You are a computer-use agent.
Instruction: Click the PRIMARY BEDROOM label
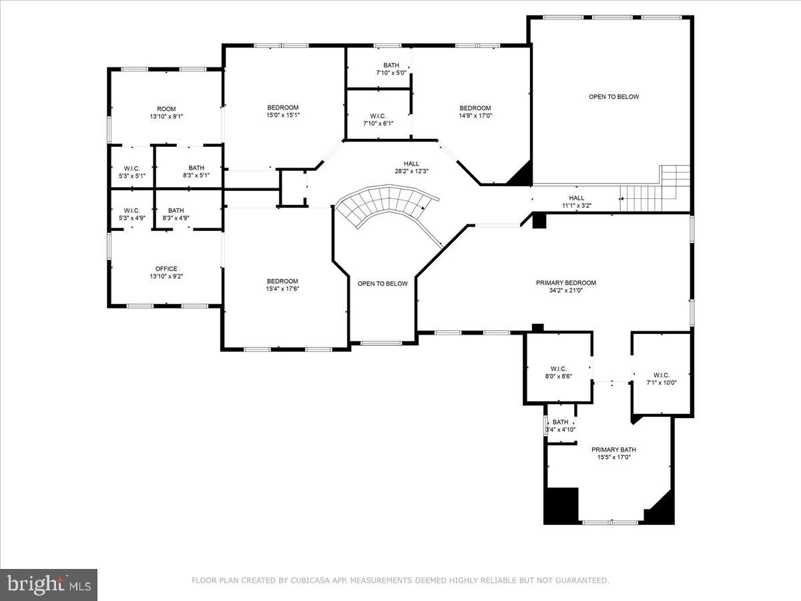[x=565, y=282]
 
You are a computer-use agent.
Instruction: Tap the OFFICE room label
[x=166, y=269]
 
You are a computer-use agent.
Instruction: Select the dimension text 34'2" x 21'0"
[x=565, y=291]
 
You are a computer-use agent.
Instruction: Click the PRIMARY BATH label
[x=611, y=449]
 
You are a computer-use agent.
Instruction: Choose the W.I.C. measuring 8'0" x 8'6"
[x=558, y=372]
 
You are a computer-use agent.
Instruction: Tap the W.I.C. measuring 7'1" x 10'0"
[x=657, y=379]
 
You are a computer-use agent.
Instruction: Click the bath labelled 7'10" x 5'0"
[x=391, y=69]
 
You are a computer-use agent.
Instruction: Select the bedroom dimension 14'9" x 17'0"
[x=475, y=116]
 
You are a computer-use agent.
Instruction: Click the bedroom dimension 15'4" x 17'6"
[x=282, y=289]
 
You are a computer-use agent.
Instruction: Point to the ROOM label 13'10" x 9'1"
[x=166, y=112]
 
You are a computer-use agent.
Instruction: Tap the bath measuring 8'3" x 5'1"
[x=196, y=172]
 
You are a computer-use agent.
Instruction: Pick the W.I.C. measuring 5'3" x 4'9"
[x=131, y=214]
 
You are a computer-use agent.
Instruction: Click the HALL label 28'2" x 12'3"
[x=411, y=167]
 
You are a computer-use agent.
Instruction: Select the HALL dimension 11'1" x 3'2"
[x=576, y=206]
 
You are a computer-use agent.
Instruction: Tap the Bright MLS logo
[x=49, y=585]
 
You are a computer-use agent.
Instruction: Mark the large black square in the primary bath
[x=561, y=506]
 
